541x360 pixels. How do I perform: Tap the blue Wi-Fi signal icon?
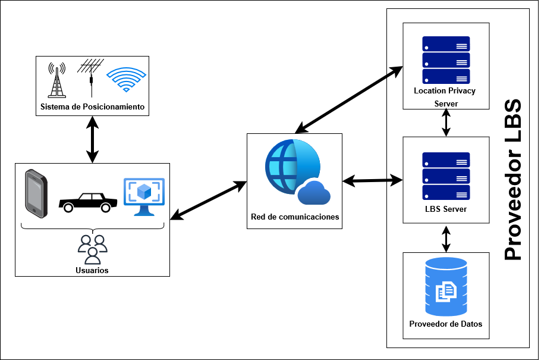point(125,80)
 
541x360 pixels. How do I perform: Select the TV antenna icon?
point(91,77)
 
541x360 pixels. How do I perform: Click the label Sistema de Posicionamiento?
point(92,107)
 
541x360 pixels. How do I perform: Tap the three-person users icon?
point(93,249)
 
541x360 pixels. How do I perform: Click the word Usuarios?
point(93,270)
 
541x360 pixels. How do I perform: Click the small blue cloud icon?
point(314,193)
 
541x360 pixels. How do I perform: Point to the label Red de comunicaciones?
point(295,217)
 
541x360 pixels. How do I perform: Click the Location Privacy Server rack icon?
point(446,60)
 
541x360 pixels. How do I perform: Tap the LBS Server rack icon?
point(446,176)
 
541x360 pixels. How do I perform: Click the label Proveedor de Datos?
point(446,324)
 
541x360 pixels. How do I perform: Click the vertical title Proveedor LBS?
point(512,179)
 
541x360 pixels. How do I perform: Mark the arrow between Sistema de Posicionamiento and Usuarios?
point(92,139)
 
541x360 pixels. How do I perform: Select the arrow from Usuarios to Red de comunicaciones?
point(208,201)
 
